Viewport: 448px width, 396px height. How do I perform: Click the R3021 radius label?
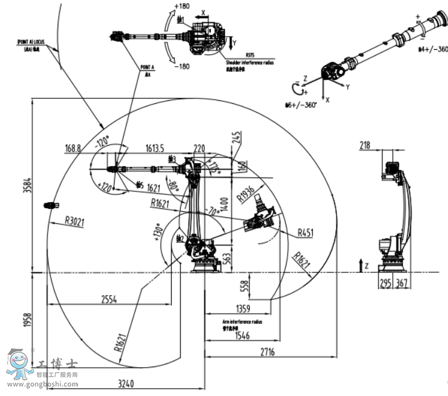point(74,222)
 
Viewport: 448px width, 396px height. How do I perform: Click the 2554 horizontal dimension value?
point(109,298)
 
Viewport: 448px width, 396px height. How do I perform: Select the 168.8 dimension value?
point(73,148)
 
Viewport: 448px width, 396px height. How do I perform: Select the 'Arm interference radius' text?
point(242,322)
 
